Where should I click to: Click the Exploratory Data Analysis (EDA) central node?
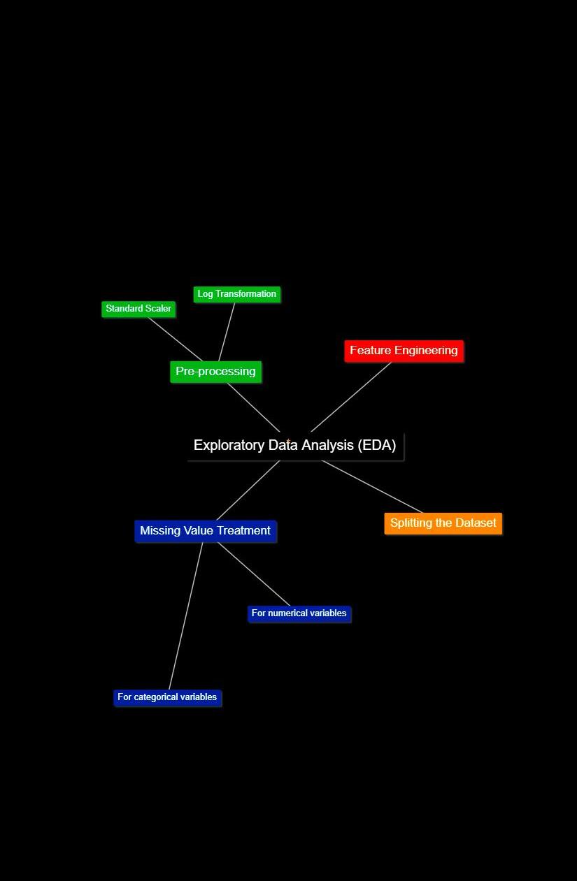click(294, 446)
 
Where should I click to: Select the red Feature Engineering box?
click(404, 351)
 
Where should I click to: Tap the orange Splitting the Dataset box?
click(443, 523)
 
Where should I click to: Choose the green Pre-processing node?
click(215, 372)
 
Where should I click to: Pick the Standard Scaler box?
click(138, 309)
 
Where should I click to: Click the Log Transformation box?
click(236, 294)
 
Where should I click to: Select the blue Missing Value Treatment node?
click(205, 531)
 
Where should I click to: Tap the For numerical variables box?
click(299, 613)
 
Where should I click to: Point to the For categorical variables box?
click(167, 697)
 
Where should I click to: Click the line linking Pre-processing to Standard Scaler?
click(175, 339)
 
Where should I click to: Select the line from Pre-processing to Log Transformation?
click(227, 333)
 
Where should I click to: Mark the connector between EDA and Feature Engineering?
click(351, 397)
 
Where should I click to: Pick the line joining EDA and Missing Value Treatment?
click(248, 490)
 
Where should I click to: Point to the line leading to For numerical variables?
click(254, 574)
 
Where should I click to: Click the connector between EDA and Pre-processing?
click(253, 407)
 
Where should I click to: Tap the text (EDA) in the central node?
click(377, 446)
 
